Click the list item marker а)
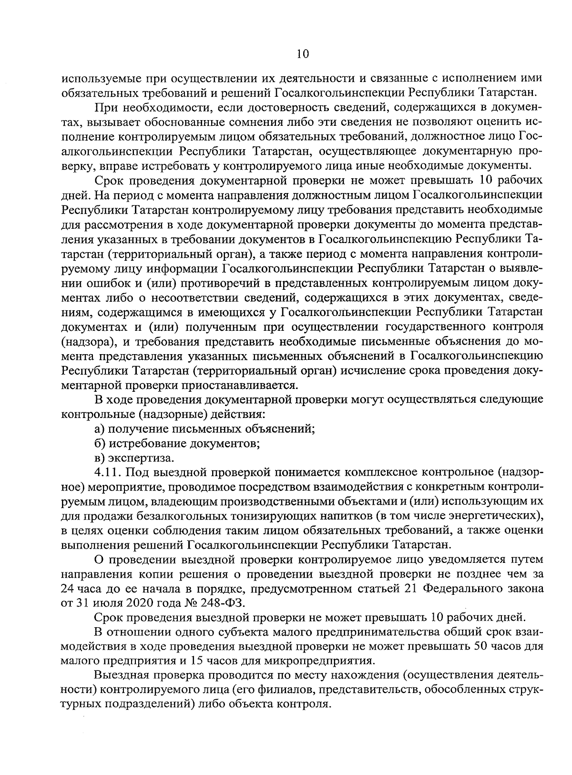tap(99, 428)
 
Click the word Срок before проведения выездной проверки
tap(109, 618)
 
